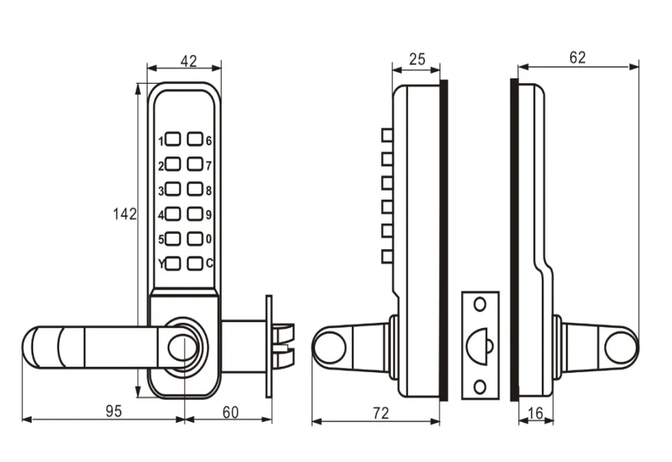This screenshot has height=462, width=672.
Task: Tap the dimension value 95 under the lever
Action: pos(113,411)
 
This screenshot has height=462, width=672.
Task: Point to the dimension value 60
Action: pos(229,411)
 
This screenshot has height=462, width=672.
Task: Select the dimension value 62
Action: pos(577,57)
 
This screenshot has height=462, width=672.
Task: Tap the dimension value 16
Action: pos(536,413)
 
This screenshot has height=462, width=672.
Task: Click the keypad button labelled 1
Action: pos(172,140)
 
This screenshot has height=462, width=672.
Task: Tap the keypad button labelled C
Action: pos(196,263)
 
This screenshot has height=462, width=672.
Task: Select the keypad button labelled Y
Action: pos(172,263)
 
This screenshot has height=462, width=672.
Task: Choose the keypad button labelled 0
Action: pos(196,238)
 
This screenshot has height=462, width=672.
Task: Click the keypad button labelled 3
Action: pos(172,189)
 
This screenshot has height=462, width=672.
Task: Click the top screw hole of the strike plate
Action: pos(480,305)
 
